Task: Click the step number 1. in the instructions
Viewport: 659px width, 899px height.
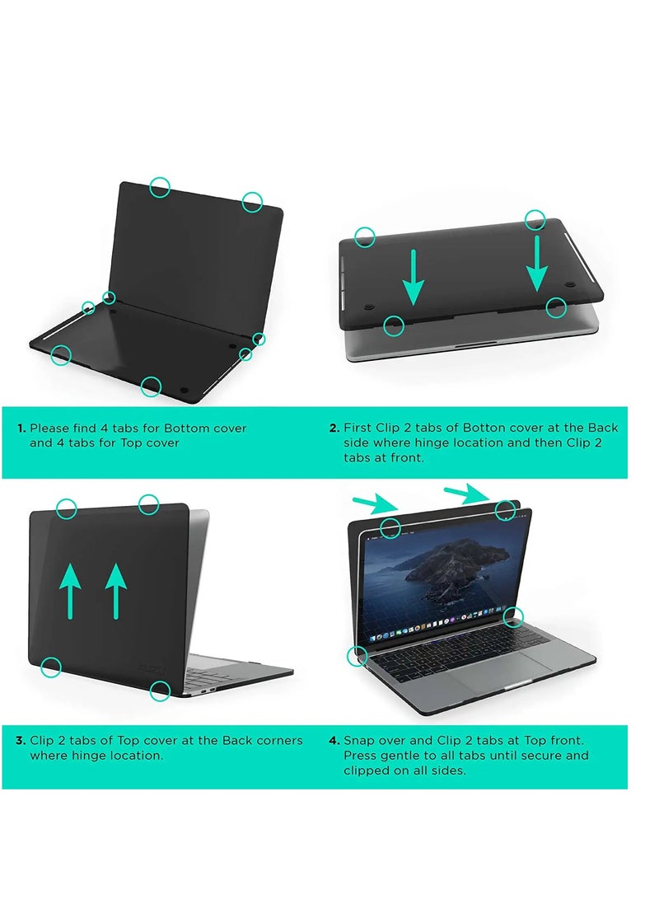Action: pos(21,428)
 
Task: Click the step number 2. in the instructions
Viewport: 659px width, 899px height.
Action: pos(334,428)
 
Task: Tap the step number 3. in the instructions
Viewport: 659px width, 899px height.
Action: pos(21,741)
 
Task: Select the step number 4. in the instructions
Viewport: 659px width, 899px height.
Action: pos(334,741)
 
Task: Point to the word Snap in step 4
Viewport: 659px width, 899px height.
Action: pos(358,741)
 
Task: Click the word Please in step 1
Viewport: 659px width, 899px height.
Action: pos(49,428)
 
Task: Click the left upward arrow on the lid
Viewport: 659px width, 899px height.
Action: pos(71,590)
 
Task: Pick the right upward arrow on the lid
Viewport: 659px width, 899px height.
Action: pos(116,590)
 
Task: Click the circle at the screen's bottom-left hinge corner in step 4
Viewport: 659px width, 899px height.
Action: pos(357,657)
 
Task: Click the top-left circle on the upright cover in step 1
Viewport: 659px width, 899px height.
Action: pos(161,188)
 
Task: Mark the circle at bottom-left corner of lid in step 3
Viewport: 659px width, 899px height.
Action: pos(51,667)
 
